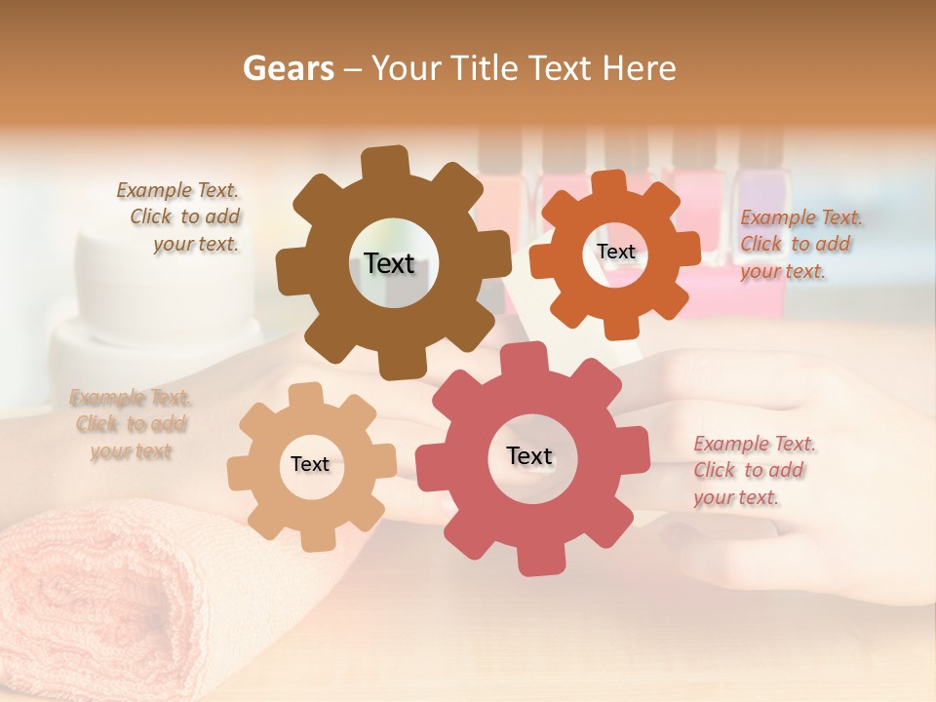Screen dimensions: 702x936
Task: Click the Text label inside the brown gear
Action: point(389,263)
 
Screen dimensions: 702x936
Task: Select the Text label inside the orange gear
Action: point(615,252)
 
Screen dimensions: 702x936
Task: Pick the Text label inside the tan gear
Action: point(310,464)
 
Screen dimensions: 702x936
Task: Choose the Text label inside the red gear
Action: point(529,455)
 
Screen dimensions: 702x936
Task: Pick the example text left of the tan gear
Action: point(130,424)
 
